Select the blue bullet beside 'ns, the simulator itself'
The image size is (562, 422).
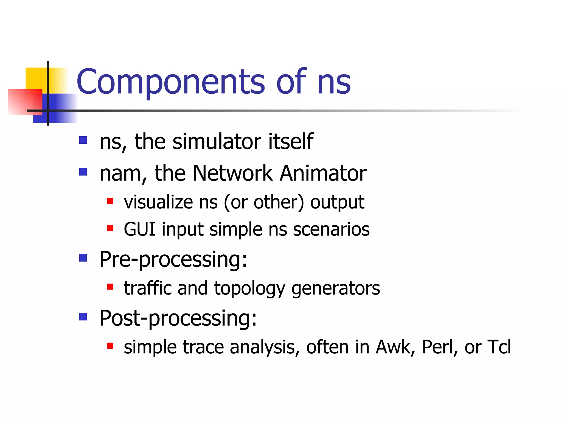click(83, 140)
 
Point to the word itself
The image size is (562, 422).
click(291, 141)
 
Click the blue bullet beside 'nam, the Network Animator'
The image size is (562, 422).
click(83, 172)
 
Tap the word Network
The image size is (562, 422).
click(233, 173)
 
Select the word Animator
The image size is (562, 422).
click(323, 173)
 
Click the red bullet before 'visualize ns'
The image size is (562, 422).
click(110, 201)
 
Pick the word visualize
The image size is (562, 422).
click(158, 202)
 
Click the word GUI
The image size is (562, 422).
click(139, 229)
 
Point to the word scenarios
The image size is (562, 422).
click(331, 230)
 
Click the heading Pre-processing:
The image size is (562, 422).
click(173, 260)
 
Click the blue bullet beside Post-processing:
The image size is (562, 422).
click(83, 317)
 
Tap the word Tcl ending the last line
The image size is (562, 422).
click(499, 347)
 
